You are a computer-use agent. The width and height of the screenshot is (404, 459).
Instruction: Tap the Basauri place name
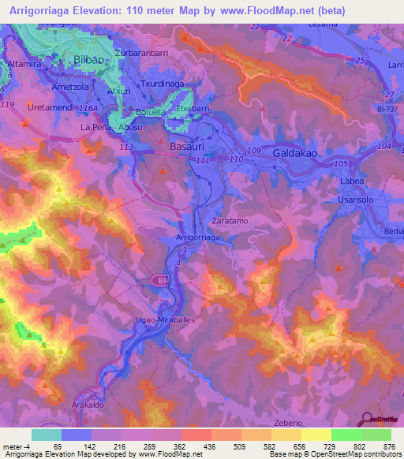click(x=188, y=147)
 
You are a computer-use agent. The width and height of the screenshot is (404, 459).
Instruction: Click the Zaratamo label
click(x=230, y=222)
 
